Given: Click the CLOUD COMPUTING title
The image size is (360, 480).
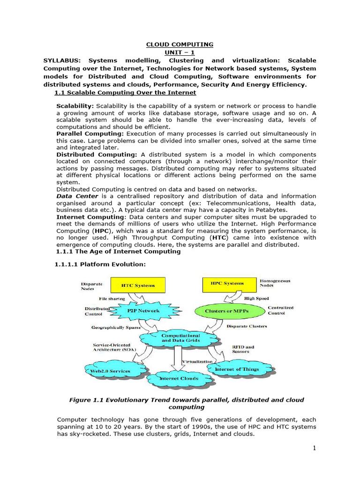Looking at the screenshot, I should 180,45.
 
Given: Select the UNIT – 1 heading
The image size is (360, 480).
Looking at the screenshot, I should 180,52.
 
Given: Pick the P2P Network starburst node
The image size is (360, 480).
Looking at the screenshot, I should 143,310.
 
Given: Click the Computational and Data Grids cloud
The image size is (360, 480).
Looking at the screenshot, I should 180,338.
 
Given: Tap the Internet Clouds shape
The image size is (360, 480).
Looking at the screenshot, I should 179,378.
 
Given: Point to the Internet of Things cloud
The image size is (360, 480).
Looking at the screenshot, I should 236,369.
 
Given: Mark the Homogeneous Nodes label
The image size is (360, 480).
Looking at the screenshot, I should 275,283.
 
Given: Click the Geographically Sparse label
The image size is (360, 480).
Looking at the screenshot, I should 116,328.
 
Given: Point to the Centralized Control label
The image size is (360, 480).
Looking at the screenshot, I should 280,310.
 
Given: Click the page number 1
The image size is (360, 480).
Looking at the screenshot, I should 315,448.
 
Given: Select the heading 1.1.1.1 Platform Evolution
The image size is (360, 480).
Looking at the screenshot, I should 100,264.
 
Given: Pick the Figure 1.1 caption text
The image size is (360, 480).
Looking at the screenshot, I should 186,404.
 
